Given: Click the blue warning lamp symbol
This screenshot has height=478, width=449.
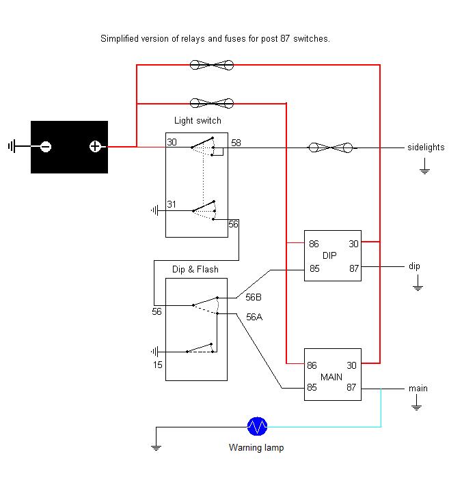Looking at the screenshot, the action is pos(257,426).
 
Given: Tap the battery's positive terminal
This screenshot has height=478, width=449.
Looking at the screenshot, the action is pos(95,146).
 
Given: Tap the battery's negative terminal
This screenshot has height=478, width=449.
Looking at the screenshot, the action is pos(46,147).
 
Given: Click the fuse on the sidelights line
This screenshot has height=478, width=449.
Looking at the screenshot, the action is pos(331,147).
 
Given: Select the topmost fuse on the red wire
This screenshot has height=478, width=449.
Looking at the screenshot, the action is pos(212,65).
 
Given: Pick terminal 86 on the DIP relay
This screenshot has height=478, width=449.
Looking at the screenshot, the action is pos(314,244).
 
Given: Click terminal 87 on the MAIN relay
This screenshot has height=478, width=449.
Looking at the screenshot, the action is pos(351,387).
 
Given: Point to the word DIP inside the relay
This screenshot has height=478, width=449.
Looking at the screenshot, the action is pos(329,255).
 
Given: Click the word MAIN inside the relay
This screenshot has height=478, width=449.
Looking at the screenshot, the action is pos(331,377).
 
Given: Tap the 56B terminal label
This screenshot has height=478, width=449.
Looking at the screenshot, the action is pos(254,297).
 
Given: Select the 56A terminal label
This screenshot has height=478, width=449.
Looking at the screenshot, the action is pos(254,317).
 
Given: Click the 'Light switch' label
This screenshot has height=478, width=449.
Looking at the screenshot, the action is pos(198,121).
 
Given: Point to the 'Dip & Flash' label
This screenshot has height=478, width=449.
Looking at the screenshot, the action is pos(195,269).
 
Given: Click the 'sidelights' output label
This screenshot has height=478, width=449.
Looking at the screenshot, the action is pos(426,147).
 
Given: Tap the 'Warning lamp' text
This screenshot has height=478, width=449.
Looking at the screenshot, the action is pos(256,447).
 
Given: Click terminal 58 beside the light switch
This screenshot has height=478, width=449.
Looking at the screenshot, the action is pos(236,143).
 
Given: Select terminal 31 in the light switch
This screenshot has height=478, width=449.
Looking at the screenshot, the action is pos(172,204).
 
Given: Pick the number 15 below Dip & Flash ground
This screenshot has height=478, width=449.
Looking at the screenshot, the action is pos(158,365).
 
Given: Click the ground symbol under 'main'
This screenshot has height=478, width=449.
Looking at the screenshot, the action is pos(416,403).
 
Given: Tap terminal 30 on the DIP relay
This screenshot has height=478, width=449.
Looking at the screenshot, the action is pos(353,244).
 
